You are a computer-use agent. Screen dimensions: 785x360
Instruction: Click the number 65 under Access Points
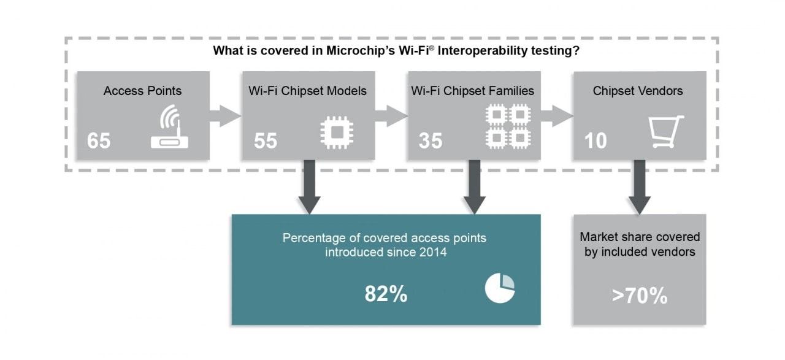[99, 140]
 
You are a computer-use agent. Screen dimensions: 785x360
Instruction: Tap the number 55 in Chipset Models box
[266, 140]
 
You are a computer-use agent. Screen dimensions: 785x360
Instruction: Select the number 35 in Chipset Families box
[431, 140]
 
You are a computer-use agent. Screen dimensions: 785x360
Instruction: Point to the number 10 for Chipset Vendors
[595, 140]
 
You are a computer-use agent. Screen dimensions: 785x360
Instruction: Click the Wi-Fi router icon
[170, 126]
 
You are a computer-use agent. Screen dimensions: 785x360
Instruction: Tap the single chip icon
[337, 132]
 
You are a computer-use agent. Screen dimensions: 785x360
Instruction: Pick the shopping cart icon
[666, 131]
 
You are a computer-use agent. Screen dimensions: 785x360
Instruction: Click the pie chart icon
[500, 288]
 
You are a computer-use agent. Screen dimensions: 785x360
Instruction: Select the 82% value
[386, 293]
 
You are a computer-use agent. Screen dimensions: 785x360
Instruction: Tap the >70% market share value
[640, 296]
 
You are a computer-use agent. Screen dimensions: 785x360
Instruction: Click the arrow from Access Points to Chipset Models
[225, 116]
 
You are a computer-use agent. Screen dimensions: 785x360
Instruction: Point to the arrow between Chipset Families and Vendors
[557, 116]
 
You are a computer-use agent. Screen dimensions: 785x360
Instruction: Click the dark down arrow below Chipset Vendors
[640, 187]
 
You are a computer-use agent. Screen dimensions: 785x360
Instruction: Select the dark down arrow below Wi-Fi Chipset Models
[310, 187]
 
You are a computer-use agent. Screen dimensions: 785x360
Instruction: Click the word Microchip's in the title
[361, 50]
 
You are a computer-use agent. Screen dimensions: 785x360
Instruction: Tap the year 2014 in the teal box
[432, 252]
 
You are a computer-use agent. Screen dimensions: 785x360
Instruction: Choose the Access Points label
[142, 91]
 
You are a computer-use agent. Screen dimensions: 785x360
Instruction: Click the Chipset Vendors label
[638, 91]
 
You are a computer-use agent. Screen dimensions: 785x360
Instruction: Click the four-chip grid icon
[508, 126]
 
